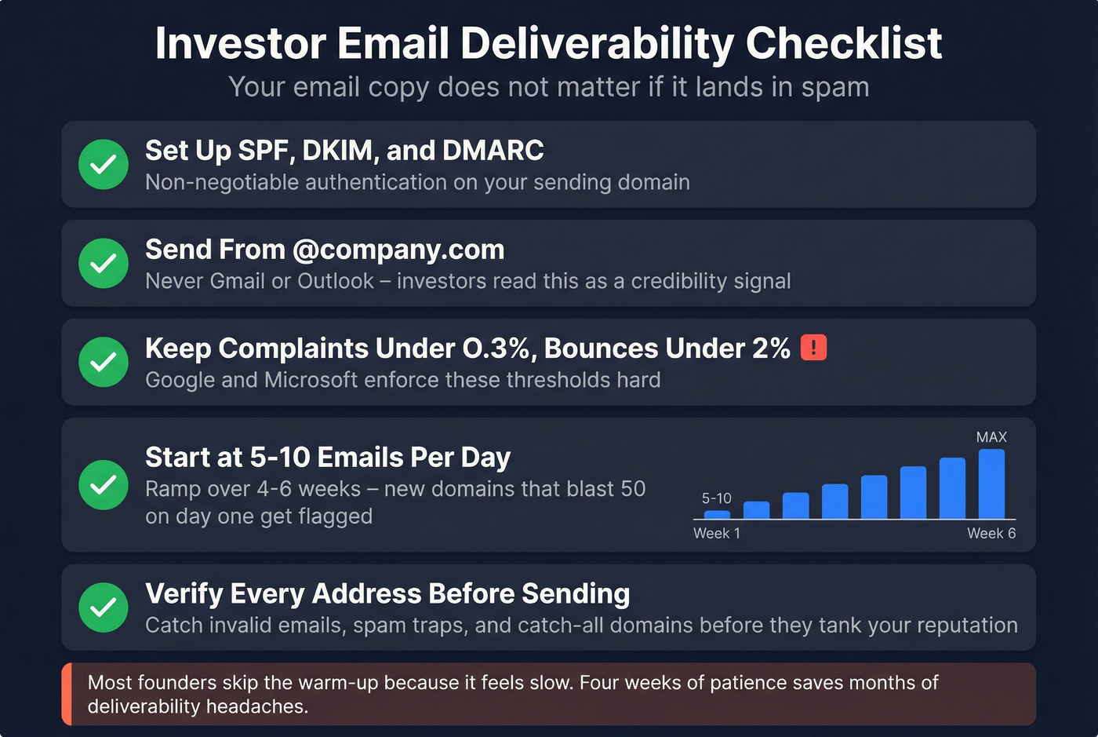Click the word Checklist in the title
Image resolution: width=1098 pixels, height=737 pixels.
point(843,44)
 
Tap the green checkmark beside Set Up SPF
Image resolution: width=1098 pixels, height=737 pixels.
point(104,165)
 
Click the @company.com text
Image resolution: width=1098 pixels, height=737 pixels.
point(398,250)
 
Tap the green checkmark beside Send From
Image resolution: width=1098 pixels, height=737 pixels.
point(104,264)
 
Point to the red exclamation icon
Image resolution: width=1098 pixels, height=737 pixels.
point(813,347)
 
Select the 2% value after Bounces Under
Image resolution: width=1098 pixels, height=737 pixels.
point(770,348)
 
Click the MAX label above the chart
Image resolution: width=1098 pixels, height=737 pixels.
point(991,437)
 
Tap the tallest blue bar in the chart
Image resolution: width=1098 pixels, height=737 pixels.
point(991,483)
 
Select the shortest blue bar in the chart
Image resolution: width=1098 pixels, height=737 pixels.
point(717,514)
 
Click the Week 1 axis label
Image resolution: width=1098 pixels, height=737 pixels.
point(717,534)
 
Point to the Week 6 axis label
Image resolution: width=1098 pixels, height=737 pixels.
point(991,534)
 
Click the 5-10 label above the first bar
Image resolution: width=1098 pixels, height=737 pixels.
point(716,498)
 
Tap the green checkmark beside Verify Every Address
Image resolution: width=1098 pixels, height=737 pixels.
point(104,607)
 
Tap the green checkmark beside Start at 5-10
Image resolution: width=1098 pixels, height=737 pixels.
point(104,485)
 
